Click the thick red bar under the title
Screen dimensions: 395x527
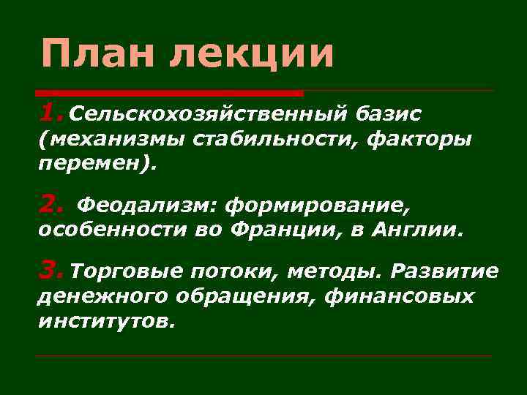(169, 94)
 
